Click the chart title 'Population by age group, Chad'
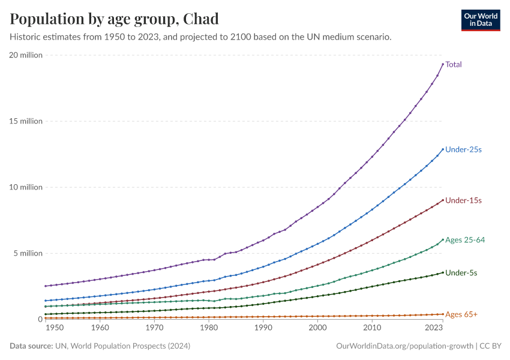(114, 19)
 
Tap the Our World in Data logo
(480, 20)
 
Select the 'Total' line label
(454, 64)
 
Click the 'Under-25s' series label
(463, 149)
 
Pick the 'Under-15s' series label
(463, 200)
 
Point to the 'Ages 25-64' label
(465, 240)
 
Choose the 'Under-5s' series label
(461, 272)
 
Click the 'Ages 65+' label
(461, 314)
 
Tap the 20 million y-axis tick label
(26, 55)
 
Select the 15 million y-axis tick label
(26, 121)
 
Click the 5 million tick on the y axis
(28, 253)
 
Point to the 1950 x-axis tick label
(54, 329)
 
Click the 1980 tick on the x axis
(208, 329)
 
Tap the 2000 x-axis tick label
(317, 329)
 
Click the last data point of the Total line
(443, 64)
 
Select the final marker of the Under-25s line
(443, 149)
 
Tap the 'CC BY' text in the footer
(491, 346)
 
